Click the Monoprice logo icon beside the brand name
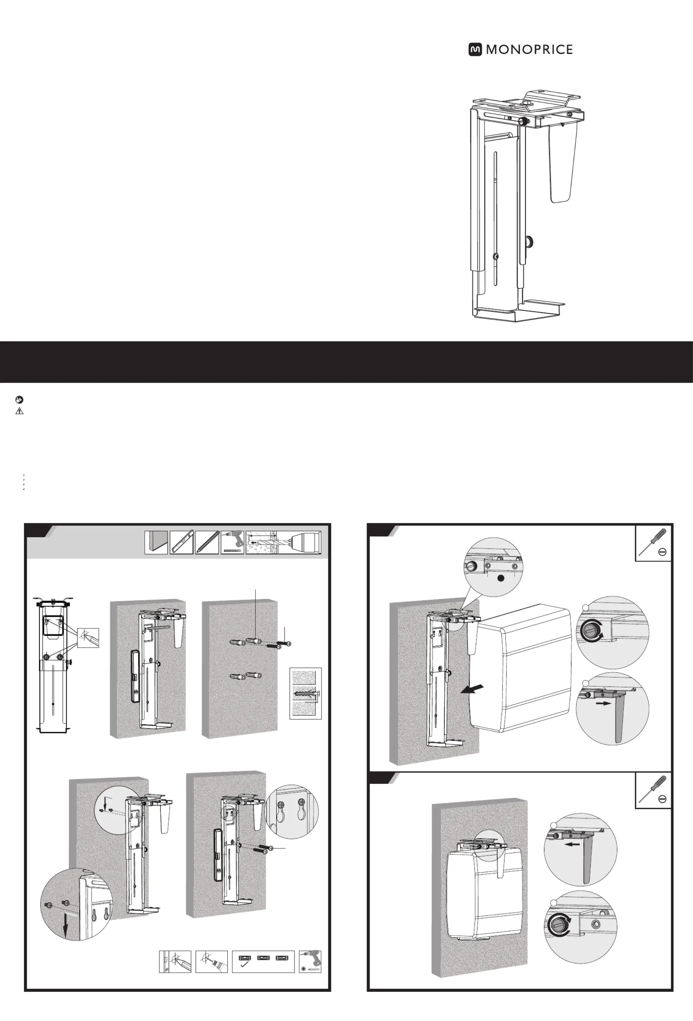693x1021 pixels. click(475, 50)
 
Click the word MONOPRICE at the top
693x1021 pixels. click(529, 50)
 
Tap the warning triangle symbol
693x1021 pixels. click(19, 411)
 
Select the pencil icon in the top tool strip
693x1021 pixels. click(207, 542)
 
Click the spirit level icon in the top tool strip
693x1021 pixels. click(181, 542)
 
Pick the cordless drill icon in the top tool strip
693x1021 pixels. click(233, 542)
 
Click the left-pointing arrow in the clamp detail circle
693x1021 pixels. click(572, 844)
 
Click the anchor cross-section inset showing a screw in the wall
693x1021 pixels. click(305, 694)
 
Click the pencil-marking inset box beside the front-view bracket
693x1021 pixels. click(88, 637)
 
